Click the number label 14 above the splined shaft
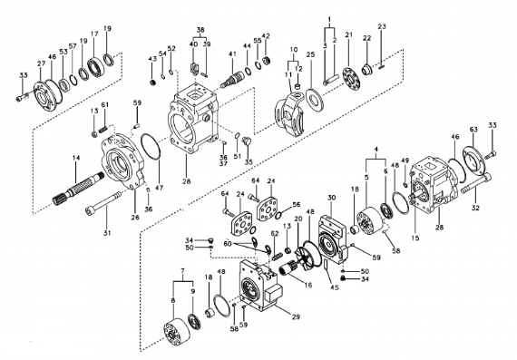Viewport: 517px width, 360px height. (76, 158)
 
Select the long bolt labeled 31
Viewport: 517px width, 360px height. (103, 203)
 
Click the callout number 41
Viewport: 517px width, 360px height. (232, 54)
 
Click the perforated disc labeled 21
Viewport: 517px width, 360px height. (351, 79)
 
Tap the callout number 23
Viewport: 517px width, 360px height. (382, 26)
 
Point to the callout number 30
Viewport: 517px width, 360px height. (331, 198)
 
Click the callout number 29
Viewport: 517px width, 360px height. (296, 316)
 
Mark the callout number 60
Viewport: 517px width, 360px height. (228, 244)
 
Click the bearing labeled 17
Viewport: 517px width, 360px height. (96, 67)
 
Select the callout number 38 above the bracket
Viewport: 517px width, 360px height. (200, 30)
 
